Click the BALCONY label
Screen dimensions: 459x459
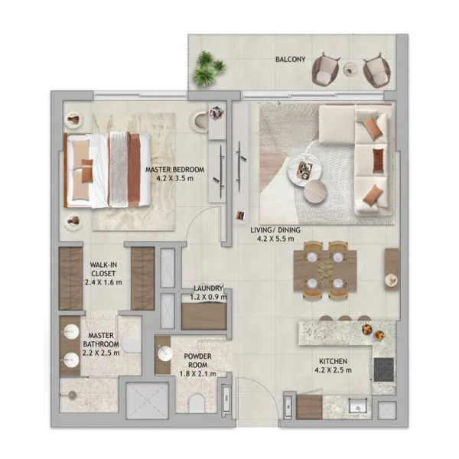pos(290,60)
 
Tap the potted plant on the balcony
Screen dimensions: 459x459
pos(209,69)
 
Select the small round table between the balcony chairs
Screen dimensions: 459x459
pos(350,70)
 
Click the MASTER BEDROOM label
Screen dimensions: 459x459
pos(174,170)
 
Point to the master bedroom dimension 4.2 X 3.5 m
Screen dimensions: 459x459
pos(174,178)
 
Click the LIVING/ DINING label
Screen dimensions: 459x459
pos(275,230)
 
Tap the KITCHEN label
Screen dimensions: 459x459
pos(333,361)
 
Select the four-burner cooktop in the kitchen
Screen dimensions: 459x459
pos(383,369)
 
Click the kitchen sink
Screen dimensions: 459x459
pos(357,407)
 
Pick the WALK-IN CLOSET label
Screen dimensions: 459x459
pos(103,269)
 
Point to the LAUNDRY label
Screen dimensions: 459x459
pos(208,288)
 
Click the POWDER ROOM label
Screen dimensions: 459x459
pos(197,360)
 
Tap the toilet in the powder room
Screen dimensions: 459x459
pos(197,403)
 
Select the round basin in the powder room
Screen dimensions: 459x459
pos(165,353)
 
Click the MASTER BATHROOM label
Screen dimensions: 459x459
pos(101,340)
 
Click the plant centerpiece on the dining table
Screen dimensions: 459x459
pos(325,270)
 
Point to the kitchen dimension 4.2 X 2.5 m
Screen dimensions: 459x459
pos(333,370)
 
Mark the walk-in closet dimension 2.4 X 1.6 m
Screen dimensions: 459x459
pos(103,282)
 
